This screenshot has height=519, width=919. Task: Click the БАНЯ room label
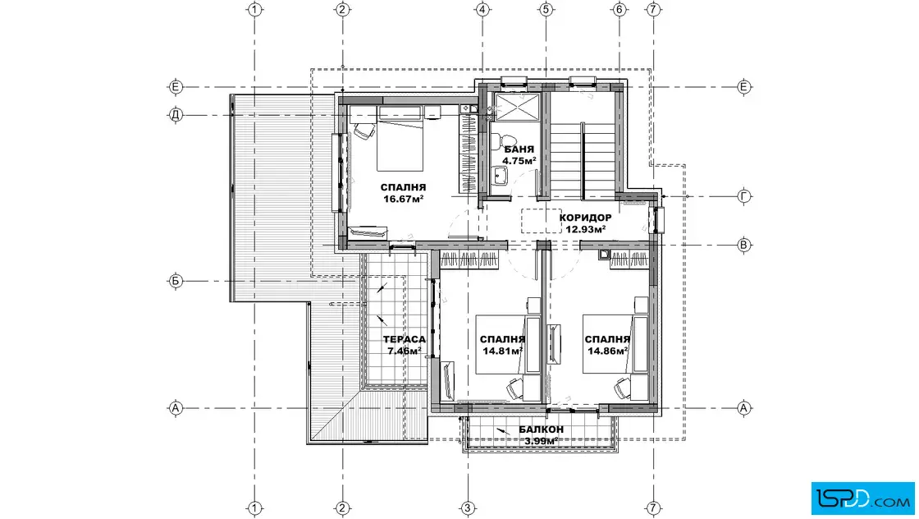point(519,149)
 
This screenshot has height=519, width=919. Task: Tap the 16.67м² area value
point(403,199)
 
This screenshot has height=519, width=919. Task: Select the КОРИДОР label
point(585,218)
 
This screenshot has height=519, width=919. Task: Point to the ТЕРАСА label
point(404,339)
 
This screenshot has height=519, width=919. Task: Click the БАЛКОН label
point(541,429)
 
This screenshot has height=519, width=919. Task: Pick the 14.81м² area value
point(502,351)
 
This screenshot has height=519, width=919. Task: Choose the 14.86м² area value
point(608,351)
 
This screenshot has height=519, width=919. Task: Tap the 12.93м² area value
point(585,229)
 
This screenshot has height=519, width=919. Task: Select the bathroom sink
point(500,175)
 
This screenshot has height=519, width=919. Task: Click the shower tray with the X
point(517,107)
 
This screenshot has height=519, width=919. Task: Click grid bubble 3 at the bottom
point(467,508)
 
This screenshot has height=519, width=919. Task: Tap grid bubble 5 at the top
point(546,9)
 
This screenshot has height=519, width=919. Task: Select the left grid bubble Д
point(176,115)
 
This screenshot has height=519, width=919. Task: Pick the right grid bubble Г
point(743,196)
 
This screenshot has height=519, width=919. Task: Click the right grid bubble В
point(743,246)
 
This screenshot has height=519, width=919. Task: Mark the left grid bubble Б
point(176,282)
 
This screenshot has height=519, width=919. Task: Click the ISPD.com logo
point(862,498)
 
